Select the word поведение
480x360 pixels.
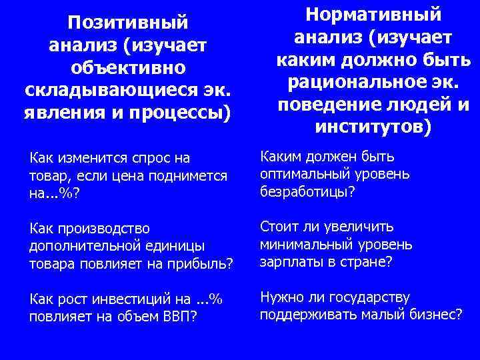[x=332, y=105]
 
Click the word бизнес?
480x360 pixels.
[x=437, y=314]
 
